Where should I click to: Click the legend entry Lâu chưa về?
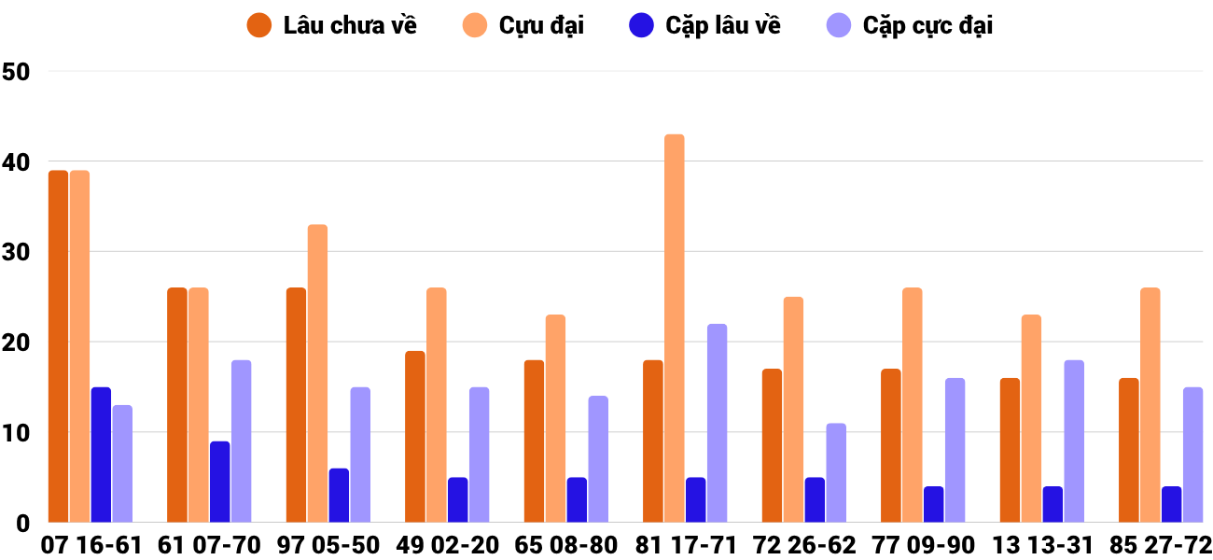click(332, 25)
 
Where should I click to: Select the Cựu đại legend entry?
click(523, 25)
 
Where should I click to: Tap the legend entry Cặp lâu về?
click(704, 25)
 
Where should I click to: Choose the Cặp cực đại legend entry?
click(909, 25)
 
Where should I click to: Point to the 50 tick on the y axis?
click(17, 72)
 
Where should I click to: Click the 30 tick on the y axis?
click(17, 252)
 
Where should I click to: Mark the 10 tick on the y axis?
click(17, 433)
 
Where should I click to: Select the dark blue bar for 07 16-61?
click(101, 455)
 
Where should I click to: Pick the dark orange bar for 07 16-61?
click(59, 346)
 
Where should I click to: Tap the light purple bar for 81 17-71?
click(717, 423)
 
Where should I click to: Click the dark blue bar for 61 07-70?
click(220, 482)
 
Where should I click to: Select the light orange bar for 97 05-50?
click(317, 373)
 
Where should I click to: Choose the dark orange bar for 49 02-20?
click(415, 437)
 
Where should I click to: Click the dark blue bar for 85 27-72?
click(1172, 504)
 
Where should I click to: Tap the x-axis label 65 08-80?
click(566, 545)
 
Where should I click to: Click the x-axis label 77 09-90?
click(923, 545)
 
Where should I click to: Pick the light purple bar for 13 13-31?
click(1074, 441)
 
